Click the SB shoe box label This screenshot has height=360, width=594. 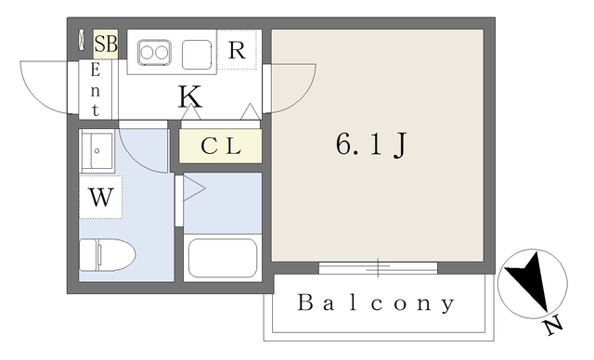coord(105,44)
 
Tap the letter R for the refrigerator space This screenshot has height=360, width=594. coord(237,50)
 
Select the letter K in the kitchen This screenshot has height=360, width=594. coord(190,95)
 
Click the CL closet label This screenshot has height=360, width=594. coord(221,146)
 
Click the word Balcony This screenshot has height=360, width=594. coord(377,303)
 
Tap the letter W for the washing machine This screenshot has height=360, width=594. coord(100,197)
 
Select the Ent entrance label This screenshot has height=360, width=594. coord(95,88)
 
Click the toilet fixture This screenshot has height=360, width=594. coord(107,252)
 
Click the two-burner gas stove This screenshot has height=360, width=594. coord(154,53)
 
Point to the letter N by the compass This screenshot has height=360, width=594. coord(554,327)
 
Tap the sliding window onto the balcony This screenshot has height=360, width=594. coord(378,268)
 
